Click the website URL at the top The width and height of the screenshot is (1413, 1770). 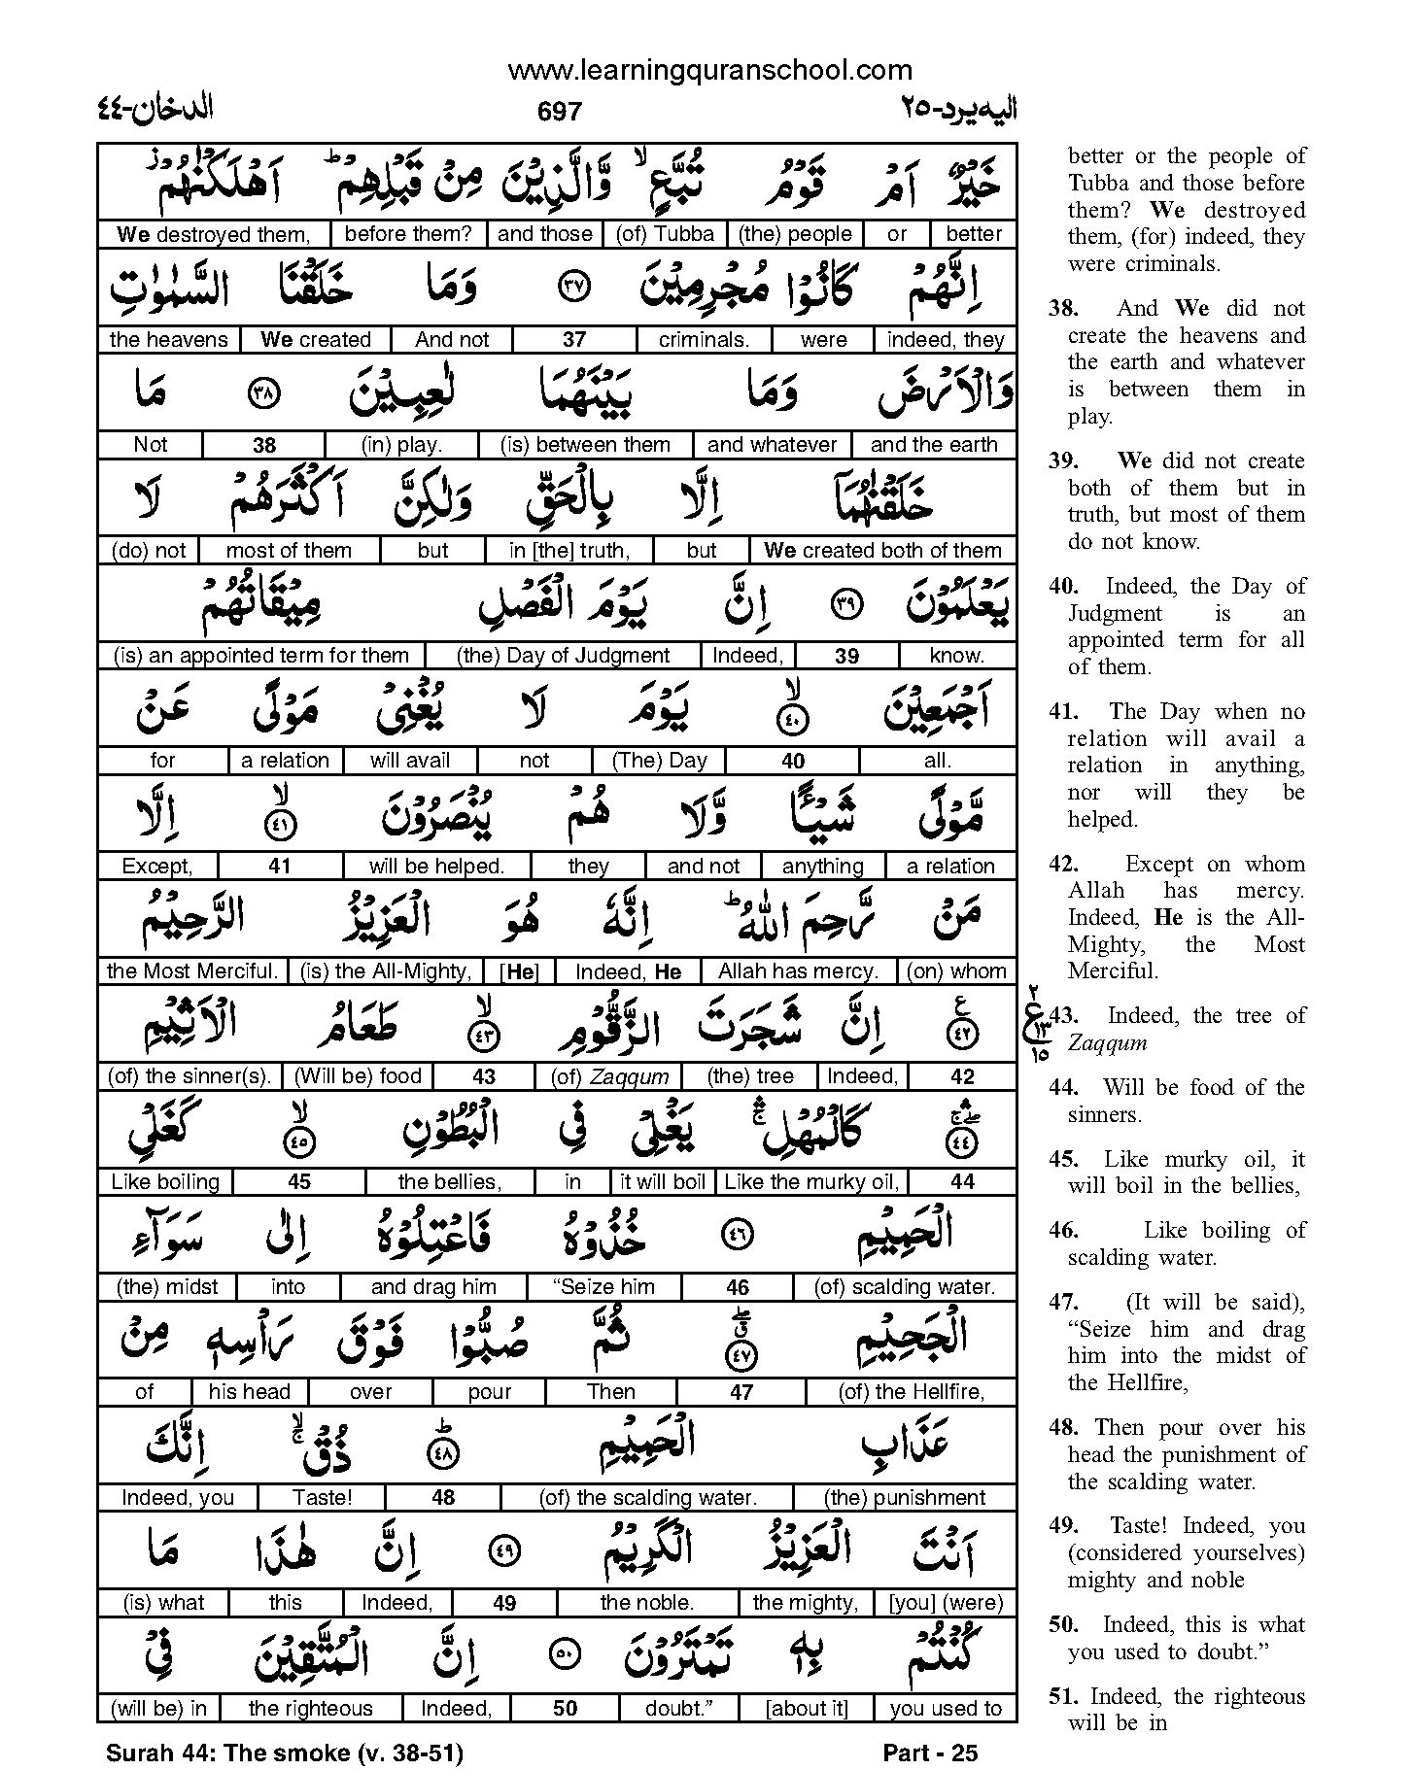tap(710, 70)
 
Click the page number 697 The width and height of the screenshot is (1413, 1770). tap(559, 112)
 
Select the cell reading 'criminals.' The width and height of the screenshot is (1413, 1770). tap(703, 340)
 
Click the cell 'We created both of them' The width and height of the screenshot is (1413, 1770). tap(882, 551)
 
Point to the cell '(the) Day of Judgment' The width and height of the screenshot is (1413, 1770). tap(563, 656)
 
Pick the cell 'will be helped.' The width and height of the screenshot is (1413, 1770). tap(436, 867)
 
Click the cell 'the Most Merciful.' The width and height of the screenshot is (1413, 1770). tap(192, 971)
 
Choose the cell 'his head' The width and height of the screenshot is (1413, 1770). tap(249, 1392)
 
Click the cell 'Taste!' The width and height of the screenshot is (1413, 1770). tap(323, 1498)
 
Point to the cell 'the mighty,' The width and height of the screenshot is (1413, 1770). tap(806, 1603)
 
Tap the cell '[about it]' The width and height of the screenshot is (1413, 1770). tap(807, 1709)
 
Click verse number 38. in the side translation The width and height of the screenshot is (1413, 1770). tap(1064, 309)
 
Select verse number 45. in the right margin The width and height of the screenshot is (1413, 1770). tap(1064, 1160)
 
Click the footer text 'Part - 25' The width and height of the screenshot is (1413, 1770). tap(930, 1753)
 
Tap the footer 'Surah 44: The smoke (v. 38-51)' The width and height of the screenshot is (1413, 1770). tap(284, 1753)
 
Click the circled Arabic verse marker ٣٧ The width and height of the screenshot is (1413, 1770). tap(575, 289)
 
